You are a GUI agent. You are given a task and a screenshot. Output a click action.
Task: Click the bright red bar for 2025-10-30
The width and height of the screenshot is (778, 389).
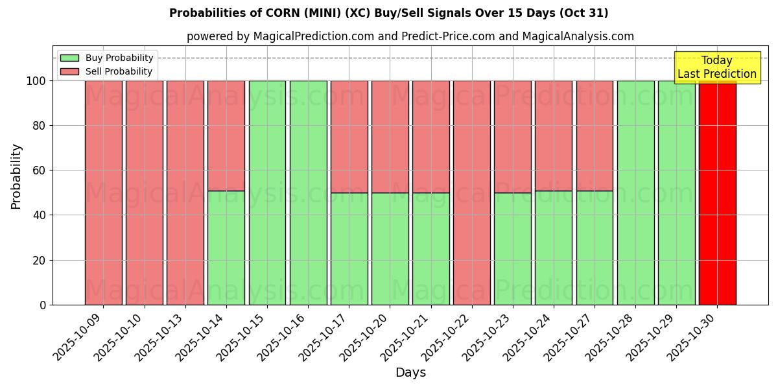(717, 194)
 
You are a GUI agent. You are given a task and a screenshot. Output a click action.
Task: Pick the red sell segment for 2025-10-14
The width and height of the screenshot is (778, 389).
(226, 136)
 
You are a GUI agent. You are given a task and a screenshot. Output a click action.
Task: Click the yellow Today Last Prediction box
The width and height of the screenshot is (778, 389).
(716, 67)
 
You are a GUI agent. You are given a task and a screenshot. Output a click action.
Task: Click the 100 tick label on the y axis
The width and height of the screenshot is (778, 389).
(36, 81)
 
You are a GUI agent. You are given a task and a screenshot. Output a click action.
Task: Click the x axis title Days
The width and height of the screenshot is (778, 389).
(410, 373)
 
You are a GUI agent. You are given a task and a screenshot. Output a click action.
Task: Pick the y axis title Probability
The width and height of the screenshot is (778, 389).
(16, 176)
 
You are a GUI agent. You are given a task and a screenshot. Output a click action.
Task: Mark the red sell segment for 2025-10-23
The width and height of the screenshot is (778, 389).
(513, 136)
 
